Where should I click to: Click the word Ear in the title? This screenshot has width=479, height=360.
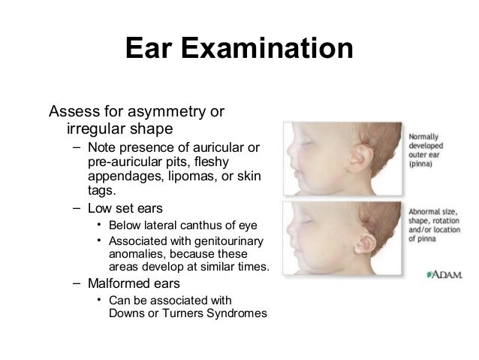pos(148,50)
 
